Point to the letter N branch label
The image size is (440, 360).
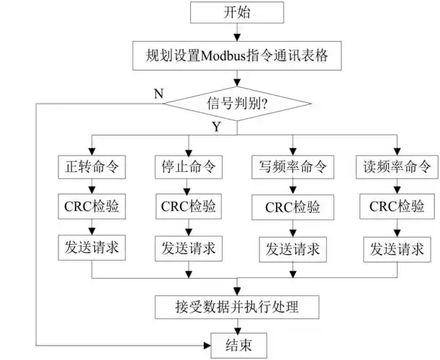[x=157, y=93]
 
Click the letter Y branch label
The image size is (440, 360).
[x=215, y=127]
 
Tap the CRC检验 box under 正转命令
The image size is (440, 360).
[x=91, y=207]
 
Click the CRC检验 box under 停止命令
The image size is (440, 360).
[x=189, y=207]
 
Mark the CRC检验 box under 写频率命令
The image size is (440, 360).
[x=292, y=208]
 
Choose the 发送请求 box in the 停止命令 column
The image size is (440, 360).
[x=189, y=248]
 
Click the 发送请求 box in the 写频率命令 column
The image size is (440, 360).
[x=292, y=248]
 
